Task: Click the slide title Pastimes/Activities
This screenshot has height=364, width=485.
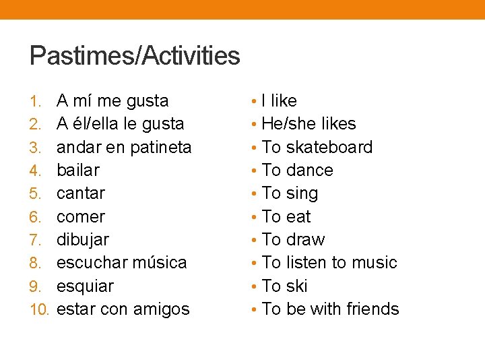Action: [x=135, y=55]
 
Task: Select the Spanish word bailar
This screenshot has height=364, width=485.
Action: [x=77, y=171]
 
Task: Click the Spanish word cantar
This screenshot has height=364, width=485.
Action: [x=81, y=193]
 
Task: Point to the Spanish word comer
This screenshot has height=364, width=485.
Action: [x=81, y=217]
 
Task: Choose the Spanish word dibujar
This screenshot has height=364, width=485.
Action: [x=83, y=240]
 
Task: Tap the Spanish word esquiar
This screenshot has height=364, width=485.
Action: [x=85, y=286]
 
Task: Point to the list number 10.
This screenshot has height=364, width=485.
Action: [x=40, y=310]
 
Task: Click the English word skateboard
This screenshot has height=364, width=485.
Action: [x=329, y=148]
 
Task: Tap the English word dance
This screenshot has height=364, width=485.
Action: [x=309, y=171]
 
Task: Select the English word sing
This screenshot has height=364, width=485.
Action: [x=302, y=193]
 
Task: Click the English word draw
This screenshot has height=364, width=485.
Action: [x=305, y=240]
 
